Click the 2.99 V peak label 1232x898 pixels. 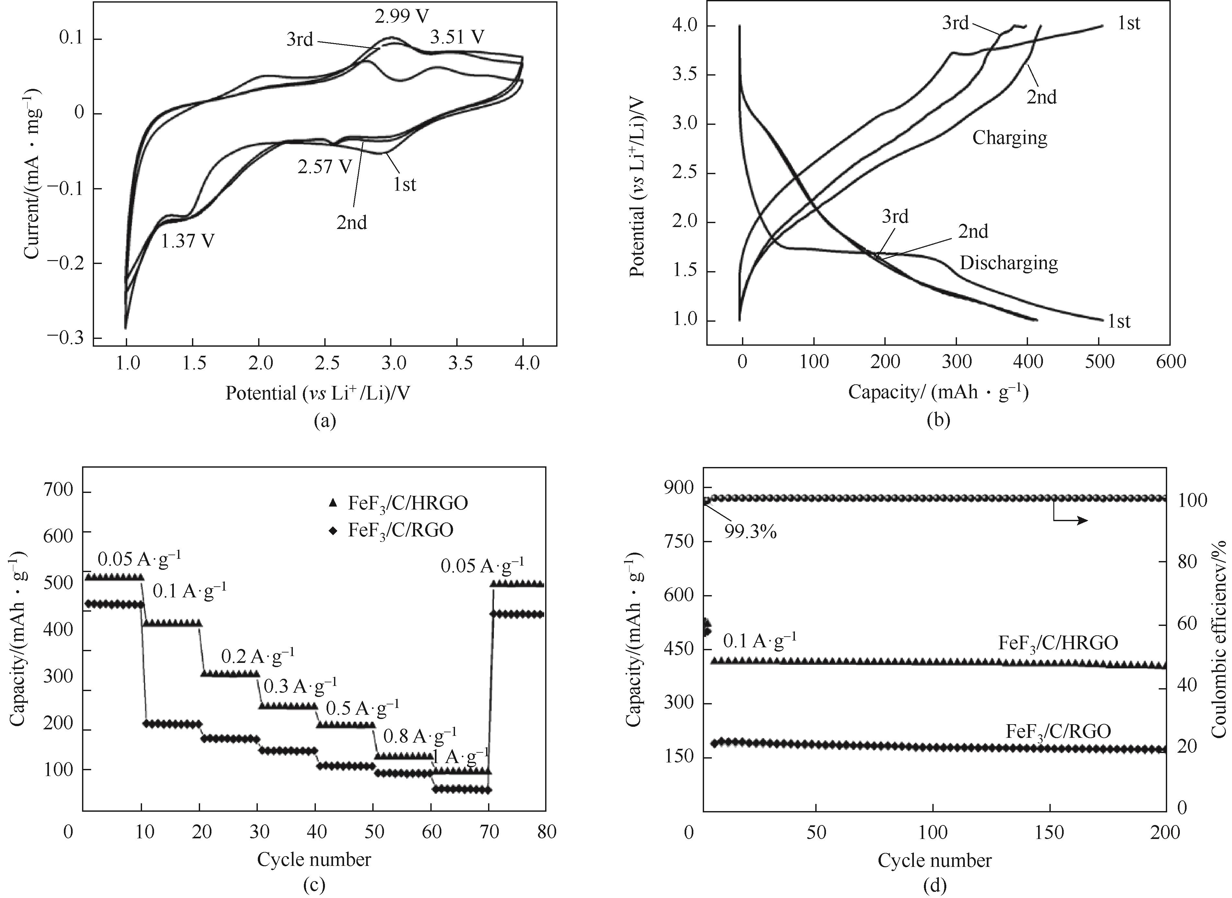(x=401, y=16)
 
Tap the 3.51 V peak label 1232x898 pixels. (x=457, y=38)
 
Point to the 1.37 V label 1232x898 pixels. (x=187, y=240)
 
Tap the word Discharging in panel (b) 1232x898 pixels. (x=1009, y=263)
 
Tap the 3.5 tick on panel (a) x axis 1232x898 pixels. (x=460, y=363)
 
